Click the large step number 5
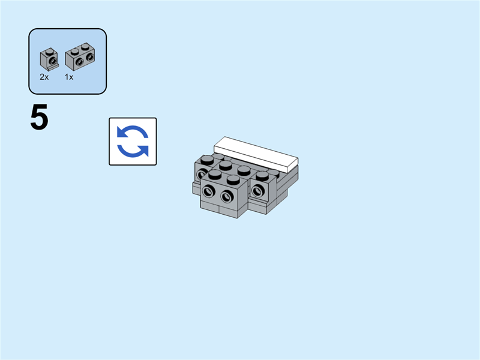[x=39, y=118]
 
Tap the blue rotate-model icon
[x=133, y=142]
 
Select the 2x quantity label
[x=44, y=77]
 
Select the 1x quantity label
[x=69, y=77]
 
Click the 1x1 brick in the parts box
[x=48, y=58]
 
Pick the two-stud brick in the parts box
[x=80, y=57]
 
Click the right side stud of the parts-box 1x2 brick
[x=89, y=58]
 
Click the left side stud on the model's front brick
[x=209, y=192]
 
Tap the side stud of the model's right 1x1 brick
[x=259, y=191]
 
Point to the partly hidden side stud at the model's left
[x=199, y=175]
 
